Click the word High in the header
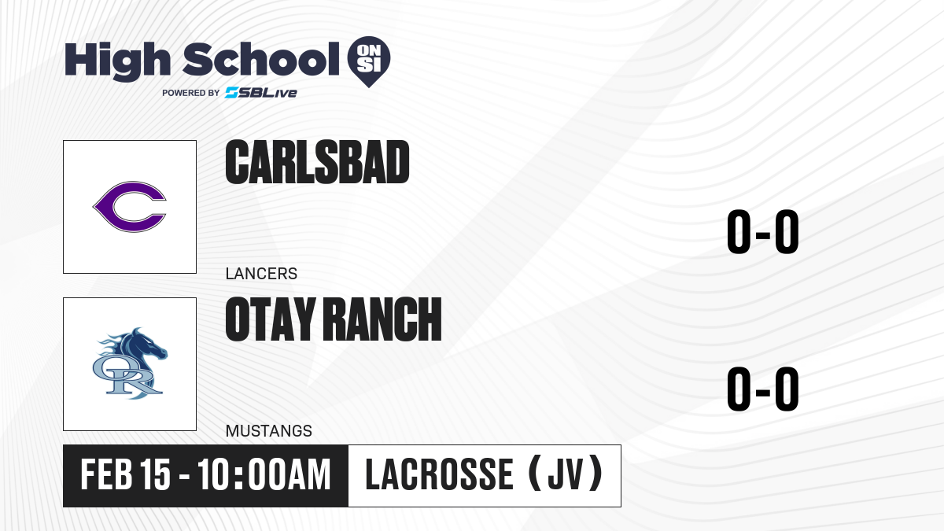[117, 61]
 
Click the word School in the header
[261, 59]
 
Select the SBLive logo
[260, 93]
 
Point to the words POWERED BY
[191, 93]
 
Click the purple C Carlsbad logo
[130, 206]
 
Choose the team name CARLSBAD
[317, 162]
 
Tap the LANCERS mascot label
[261, 274]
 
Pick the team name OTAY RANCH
[334, 319]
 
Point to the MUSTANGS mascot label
[269, 431]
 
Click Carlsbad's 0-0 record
[763, 231]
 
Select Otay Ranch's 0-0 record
[763, 389]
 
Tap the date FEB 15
[125, 475]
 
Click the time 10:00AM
[264, 475]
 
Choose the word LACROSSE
[439, 474]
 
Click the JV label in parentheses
[566, 474]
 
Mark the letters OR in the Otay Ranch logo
[127, 376]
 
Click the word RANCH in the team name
[384, 319]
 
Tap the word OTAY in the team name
[271, 319]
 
